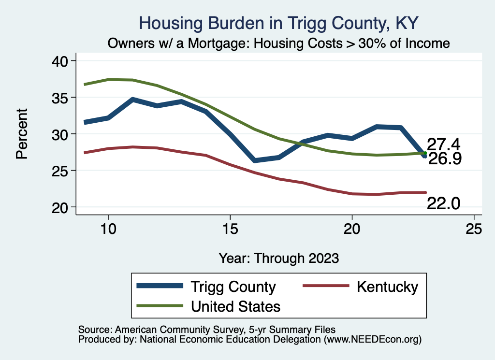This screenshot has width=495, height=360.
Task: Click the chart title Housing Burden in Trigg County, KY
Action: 278,23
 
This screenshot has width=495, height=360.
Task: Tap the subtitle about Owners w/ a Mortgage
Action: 278,43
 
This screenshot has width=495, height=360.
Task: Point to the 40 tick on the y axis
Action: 61,61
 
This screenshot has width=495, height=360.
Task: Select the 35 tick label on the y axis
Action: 61,98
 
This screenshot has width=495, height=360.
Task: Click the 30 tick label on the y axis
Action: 61,134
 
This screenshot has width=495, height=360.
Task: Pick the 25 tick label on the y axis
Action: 61,171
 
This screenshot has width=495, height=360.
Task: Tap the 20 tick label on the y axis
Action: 61,207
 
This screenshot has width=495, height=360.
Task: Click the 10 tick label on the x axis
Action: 108,229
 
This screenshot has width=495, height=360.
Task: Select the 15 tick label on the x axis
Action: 230,229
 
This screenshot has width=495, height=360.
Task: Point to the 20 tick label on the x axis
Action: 352,229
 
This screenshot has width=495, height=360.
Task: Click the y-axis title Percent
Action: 21,134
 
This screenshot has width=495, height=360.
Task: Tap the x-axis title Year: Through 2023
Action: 278,258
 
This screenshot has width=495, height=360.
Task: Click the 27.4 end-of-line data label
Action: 443,144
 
